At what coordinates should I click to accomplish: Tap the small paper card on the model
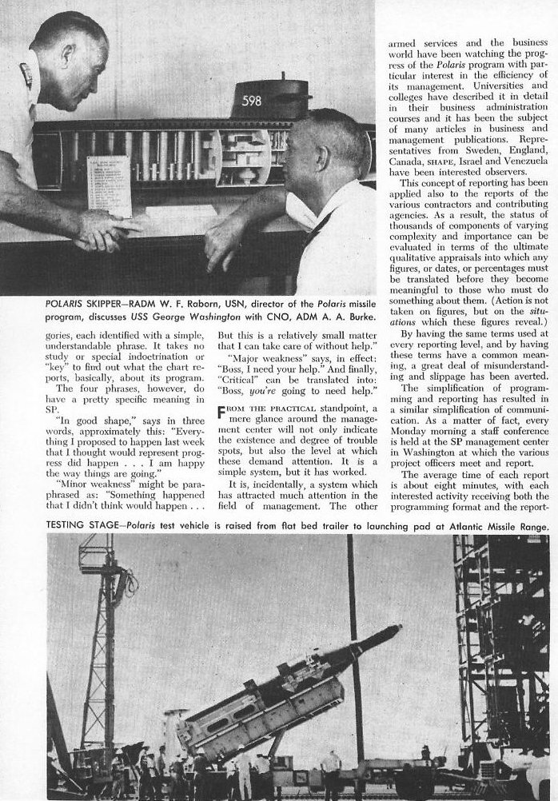click(x=109, y=185)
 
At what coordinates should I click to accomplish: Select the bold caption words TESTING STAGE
click(x=42, y=528)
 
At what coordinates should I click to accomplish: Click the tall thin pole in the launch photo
click(x=352, y=640)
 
